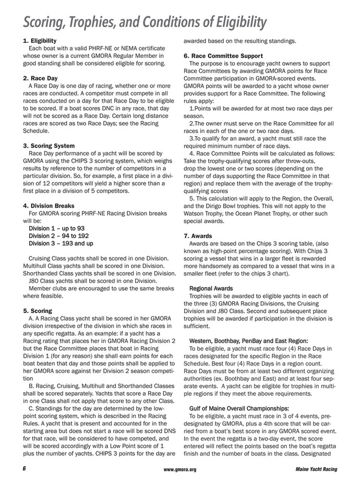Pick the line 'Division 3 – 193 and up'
point(61,243)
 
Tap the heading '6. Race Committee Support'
point(226,55)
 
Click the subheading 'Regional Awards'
point(211,288)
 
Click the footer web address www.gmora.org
point(179,469)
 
